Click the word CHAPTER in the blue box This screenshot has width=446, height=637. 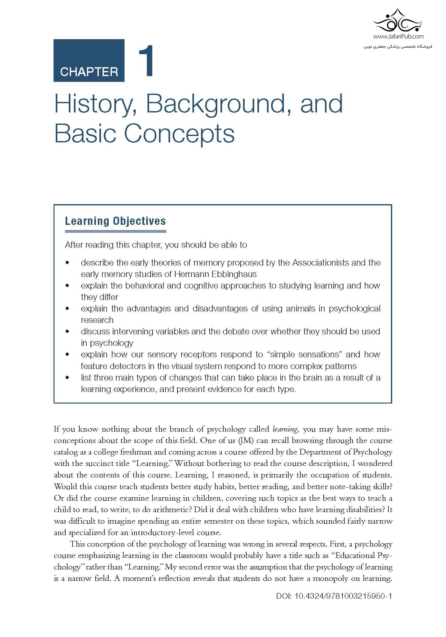[89, 72]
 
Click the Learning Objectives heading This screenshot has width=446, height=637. [115, 221]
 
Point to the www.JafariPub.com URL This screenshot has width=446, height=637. [398, 37]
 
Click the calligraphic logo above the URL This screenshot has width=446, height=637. [398, 21]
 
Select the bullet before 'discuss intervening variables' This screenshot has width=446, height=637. [67, 332]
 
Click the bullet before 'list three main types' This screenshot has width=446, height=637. [67, 378]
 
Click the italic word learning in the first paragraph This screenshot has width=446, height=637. [285, 429]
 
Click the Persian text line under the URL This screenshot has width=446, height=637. [398, 47]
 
